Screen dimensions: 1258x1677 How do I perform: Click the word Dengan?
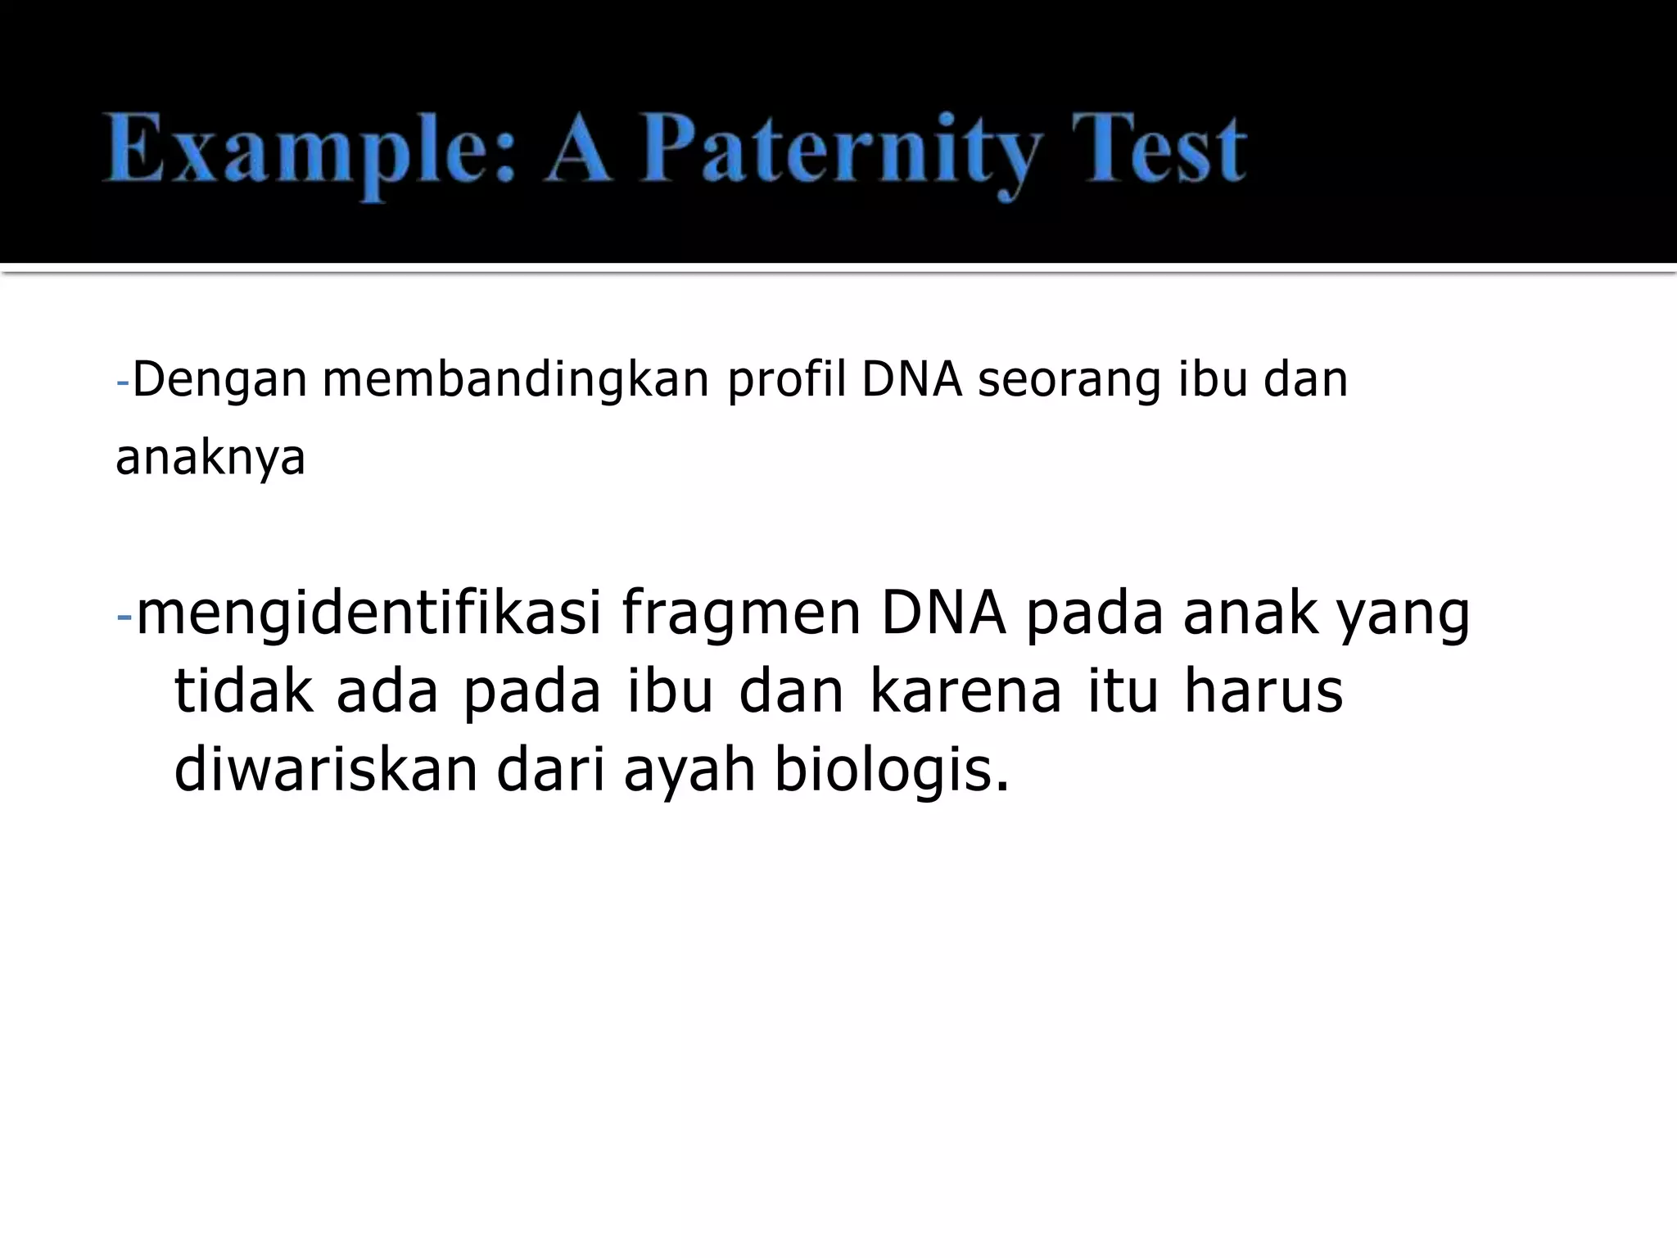click(219, 382)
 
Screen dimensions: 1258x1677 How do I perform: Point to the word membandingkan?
click(516, 380)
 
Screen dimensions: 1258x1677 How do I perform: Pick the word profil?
click(787, 380)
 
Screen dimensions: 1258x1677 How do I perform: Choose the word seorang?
click(1069, 382)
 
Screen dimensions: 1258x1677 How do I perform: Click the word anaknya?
click(210, 459)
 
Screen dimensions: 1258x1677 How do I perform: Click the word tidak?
click(244, 691)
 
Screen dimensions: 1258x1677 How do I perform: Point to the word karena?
click(965, 691)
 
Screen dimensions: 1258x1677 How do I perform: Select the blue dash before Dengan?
click(123, 382)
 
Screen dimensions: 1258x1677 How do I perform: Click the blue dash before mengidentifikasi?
click(124, 616)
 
